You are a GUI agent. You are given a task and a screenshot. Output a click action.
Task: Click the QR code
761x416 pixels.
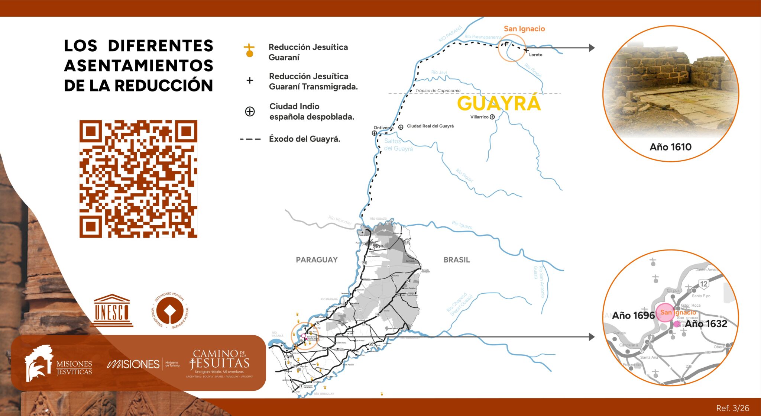coord(138,179)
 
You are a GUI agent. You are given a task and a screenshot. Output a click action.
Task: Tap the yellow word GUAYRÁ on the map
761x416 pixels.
coord(499,103)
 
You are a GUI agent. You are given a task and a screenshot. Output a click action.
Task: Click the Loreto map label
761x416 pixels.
coord(535,55)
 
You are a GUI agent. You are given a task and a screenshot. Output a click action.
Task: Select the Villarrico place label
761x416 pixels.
coord(479,117)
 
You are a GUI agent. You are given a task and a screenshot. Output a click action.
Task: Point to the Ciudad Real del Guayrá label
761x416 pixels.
coord(430,126)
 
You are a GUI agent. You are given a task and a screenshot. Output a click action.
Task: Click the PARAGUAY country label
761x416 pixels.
coord(317,260)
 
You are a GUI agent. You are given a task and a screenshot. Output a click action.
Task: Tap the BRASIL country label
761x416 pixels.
coord(457,260)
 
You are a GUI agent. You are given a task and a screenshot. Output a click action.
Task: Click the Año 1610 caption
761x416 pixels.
coord(670,147)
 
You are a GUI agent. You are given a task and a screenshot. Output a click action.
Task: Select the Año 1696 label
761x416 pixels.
coord(633,316)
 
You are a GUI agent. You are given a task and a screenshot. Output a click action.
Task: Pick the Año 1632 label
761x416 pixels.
coord(706,324)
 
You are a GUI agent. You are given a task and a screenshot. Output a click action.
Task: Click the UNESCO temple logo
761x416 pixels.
coord(111,310)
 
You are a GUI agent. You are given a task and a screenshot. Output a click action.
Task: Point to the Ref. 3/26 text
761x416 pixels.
coord(732,408)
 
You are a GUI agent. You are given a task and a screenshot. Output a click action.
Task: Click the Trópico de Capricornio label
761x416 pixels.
coord(438,90)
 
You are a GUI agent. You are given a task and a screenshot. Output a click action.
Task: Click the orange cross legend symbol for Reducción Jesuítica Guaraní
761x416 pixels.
coord(249,51)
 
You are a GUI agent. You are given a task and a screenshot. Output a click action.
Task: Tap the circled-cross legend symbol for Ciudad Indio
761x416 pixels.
coord(250,111)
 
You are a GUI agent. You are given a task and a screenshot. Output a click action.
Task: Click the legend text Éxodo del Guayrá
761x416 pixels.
coord(304,139)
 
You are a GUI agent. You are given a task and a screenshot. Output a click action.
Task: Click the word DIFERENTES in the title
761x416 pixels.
coord(161,46)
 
